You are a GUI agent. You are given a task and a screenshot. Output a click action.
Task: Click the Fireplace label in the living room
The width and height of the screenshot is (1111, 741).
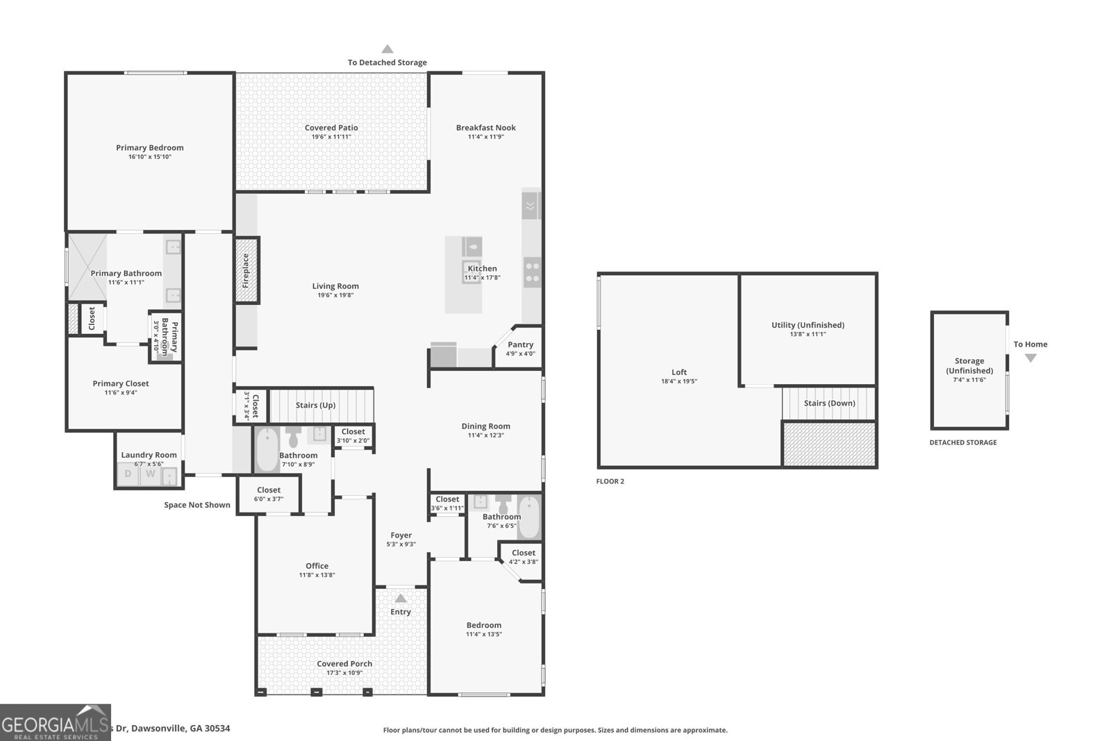point(246,270)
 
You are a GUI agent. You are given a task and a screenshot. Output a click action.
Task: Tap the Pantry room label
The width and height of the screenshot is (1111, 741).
point(520,344)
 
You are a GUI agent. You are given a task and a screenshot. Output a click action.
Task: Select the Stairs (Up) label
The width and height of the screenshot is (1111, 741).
point(315,405)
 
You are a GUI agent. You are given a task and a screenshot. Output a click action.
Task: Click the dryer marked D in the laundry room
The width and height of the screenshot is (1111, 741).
point(128,474)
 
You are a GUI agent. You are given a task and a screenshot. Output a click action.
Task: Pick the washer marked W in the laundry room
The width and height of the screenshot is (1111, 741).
point(150,474)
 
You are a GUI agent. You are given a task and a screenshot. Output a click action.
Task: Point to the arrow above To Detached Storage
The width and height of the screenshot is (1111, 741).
point(387,49)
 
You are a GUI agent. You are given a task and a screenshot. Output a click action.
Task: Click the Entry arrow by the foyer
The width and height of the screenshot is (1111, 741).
point(400,598)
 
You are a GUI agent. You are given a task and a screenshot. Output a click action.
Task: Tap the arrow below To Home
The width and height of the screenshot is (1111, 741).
point(1030,358)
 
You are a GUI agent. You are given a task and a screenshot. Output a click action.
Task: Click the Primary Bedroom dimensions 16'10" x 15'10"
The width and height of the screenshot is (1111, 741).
point(149,157)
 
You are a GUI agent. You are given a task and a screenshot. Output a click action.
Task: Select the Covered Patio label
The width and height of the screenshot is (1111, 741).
point(331,128)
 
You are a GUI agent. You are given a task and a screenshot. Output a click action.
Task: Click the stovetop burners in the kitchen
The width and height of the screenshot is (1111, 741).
point(532,272)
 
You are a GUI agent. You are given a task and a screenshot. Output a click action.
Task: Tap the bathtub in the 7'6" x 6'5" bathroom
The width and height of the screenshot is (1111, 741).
point(528,517)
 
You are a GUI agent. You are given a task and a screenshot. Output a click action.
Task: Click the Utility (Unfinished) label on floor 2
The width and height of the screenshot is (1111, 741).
point(808,325)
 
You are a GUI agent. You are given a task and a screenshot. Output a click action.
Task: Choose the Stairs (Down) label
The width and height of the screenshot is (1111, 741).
point(829,403)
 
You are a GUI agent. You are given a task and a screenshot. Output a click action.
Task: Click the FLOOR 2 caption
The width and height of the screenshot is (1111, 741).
point(610,481)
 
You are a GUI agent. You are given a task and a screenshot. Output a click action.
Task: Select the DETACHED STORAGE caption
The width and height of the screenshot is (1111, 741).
point(962,442)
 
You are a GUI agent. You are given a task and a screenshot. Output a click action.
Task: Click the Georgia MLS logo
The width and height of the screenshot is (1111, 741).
point(55,723)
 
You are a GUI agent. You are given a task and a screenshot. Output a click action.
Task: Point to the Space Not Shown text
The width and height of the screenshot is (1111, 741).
point(197,505)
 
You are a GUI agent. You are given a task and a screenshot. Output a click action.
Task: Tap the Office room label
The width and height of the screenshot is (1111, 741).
point(317,566)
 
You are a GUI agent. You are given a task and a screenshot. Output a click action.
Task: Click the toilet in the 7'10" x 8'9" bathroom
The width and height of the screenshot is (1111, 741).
point(293,438)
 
